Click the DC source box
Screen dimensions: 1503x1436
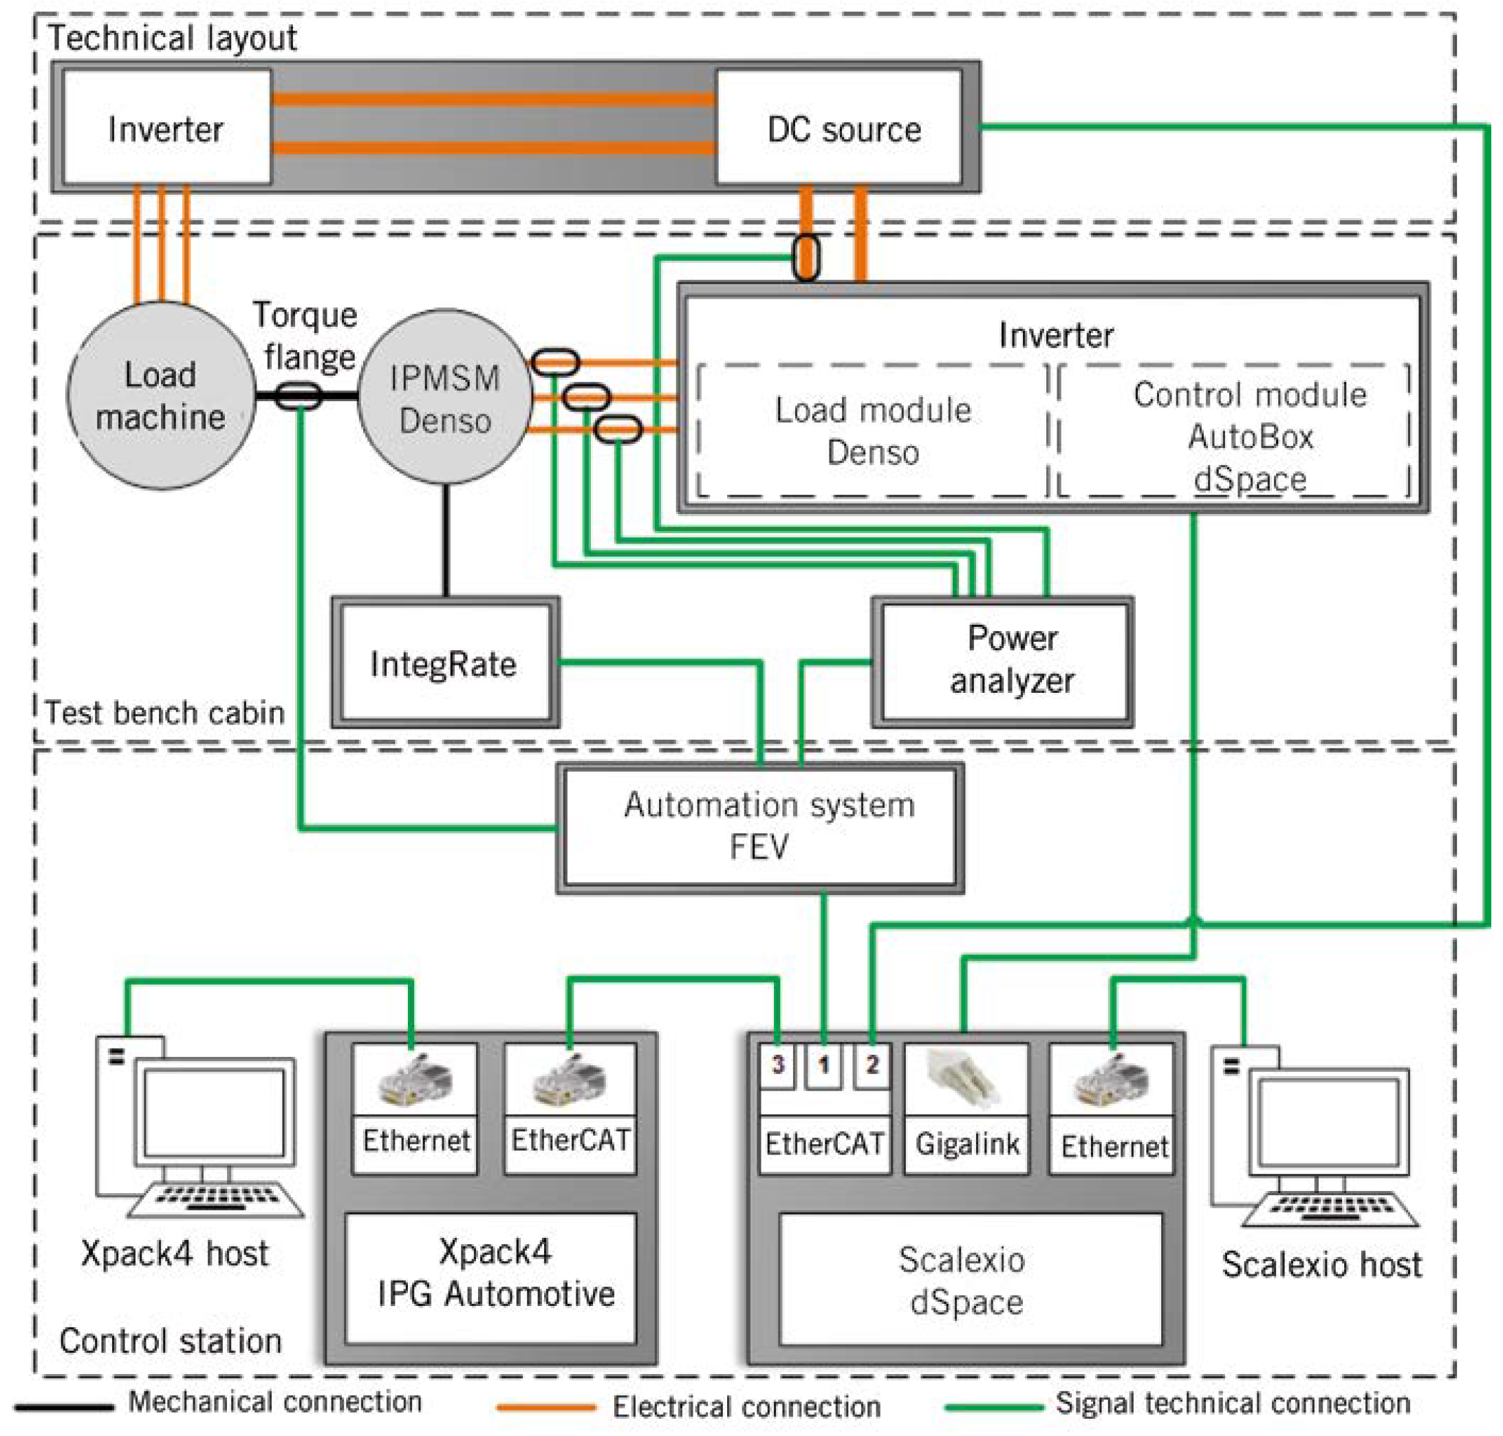tap(838, 127)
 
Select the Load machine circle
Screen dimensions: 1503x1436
tap(161, 396)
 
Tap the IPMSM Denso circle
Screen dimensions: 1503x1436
tap(444, 396)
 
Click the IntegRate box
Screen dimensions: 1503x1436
tap(445, 663)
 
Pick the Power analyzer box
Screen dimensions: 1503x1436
tap(1002, 662)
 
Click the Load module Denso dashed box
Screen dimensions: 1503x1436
tap(872, 431)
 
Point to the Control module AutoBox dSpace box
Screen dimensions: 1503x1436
tap(1233, 431)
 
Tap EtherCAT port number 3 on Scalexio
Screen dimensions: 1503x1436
tap(778, 1064)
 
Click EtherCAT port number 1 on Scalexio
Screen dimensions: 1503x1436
tap(823, 1064)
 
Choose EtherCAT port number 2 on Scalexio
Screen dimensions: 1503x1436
tap(872, 1064)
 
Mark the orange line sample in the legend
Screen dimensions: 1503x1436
tap(545, 1406)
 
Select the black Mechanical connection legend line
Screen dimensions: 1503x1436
tap(64, 1406)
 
